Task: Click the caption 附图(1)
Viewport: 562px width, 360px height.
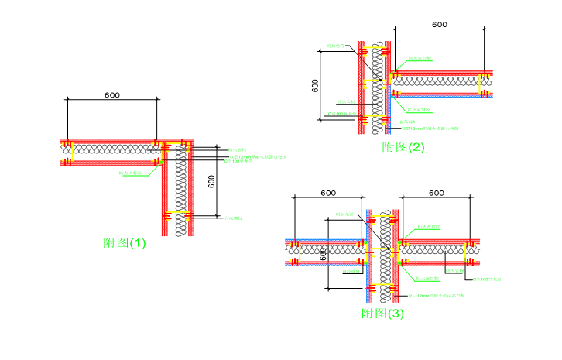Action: tap(125, 242)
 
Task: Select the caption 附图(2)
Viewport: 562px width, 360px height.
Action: tap(403, 147)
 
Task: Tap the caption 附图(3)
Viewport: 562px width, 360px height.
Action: tap(382, 314)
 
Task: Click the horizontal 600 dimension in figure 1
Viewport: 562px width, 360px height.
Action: tap(111, 95)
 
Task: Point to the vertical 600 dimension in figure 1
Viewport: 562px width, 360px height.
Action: tap(212, 180)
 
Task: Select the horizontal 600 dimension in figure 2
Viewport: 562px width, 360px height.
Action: tap(439, 24)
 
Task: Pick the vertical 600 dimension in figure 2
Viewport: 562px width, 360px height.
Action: tap(315, 84)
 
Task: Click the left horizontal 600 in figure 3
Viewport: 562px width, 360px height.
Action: tap(327, 192)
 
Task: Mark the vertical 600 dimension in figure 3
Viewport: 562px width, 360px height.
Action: tap(324, 254)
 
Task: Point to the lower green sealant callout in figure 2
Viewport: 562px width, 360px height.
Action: tap(420, 110)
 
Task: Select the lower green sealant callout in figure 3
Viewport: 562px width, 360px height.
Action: tap(428, 278)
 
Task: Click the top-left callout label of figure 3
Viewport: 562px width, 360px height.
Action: tap(344, 214)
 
